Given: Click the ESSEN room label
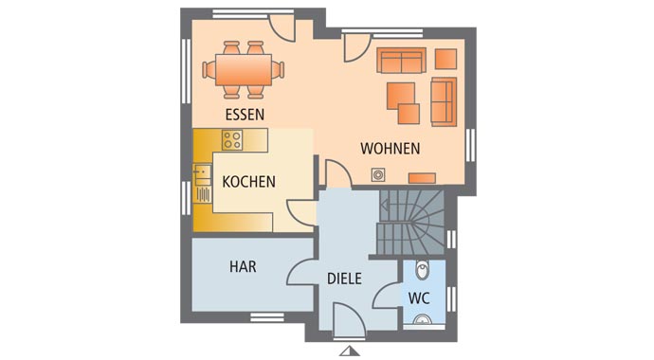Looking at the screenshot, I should tap(245, 115).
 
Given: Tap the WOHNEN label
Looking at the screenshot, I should tap(390, 149).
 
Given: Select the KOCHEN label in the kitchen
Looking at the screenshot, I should tap(248, 182).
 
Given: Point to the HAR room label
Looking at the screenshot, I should tap(243, 267).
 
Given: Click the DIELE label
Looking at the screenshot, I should tap(344, 279).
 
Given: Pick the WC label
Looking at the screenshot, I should tap(420, 297).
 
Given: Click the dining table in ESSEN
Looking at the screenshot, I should tap(243, 68).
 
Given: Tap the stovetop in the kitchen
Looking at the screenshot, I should tap(232, 139).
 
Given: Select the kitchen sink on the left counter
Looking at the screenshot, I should tap(203, 183).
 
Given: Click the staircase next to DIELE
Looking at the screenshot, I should tap(410, 223).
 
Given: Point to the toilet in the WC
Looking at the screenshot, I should tap(424, 272).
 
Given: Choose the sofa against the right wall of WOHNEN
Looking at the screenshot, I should tap(443, 101).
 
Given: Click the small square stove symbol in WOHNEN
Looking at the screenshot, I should tap(378, 174).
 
